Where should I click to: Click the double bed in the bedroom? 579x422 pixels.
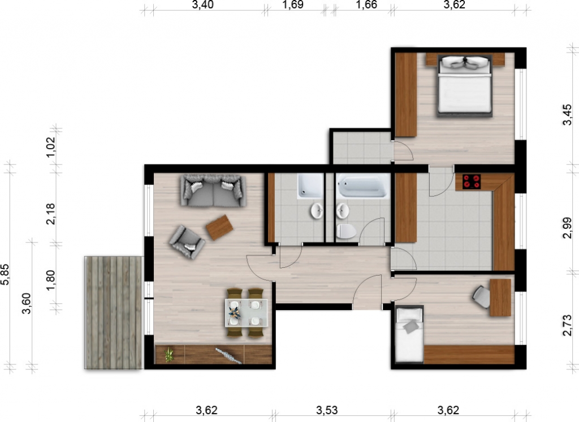pos(465,86)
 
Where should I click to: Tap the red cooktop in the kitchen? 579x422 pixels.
pos(472,182)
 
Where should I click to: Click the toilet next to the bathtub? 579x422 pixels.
pos(346,231)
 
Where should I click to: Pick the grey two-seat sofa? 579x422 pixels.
pos(213,190)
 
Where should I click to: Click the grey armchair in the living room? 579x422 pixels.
pos(187,242)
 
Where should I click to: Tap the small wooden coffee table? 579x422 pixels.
pos(219,227)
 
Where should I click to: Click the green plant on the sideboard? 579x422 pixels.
pos(169,355)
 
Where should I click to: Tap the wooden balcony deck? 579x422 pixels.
pos(113,312)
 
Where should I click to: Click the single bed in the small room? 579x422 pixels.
pos(409,334)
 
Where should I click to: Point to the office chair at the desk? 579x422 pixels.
pos(482,296)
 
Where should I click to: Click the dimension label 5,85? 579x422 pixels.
pos(5,275)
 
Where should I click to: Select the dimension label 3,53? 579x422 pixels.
pos(327,410)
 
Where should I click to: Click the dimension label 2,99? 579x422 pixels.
pos(567,228)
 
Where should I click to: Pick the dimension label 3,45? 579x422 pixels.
pos(567,115)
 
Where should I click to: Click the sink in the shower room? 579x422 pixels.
pos(317,211)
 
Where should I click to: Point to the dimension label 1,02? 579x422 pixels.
pos(50,147)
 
